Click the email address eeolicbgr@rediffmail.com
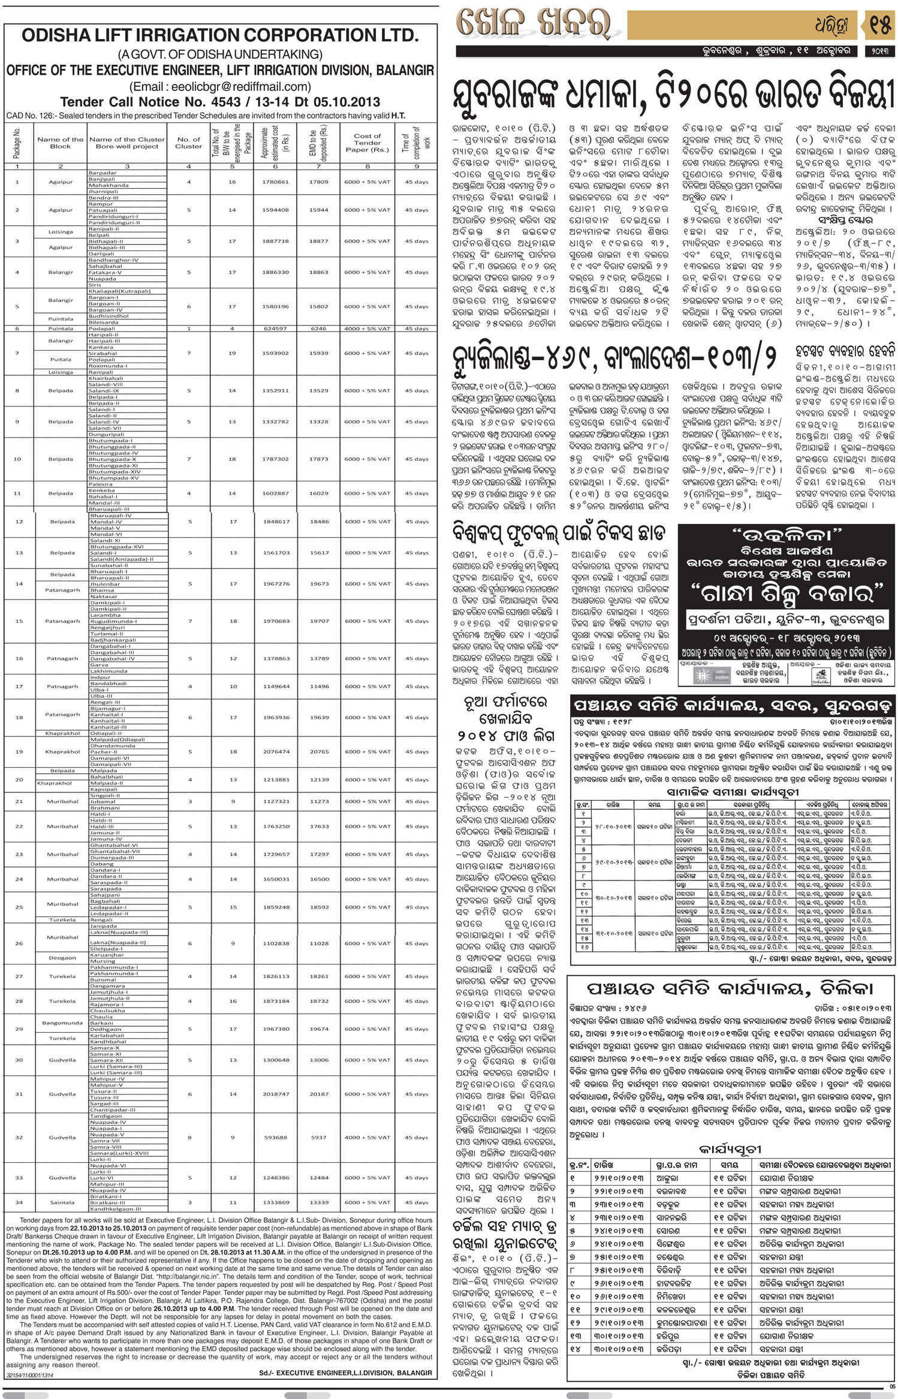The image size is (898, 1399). click(220, 86)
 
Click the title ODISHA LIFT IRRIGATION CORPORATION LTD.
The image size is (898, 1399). click(220, 36)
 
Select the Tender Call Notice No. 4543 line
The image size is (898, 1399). click(220, 102)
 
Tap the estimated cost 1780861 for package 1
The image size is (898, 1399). click(275, 182)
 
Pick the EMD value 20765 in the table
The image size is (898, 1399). click(319, 752)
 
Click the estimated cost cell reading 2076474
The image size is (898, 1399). click(275, 752)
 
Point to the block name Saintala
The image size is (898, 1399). click(62, 1202)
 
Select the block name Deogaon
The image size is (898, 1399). click(62, 958)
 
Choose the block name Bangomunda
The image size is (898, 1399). click(62, 1023)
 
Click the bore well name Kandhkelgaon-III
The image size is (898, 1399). click(115, 1208)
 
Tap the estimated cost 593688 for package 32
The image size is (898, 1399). click(275, 1137)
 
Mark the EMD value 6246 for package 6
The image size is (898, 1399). click(319, 328)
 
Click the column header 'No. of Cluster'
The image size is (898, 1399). click(188, 143)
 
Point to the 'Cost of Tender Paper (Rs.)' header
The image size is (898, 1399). click(367, 143)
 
